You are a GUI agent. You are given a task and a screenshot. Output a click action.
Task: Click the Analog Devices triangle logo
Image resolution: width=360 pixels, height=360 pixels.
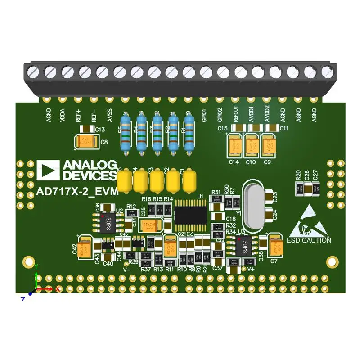click(48, 169)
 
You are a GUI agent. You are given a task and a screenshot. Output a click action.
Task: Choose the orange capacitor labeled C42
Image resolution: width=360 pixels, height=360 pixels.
click(85, 248)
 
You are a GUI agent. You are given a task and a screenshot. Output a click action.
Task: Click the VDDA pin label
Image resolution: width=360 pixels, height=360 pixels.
click(63, 114)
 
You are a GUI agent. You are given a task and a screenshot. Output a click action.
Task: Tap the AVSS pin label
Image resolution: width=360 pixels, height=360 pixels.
click(109, 115)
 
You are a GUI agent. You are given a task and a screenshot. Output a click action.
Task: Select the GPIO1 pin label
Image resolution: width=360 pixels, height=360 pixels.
click(204, 115)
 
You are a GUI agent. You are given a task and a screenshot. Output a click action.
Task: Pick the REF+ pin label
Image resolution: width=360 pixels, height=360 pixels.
click(78, 114)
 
